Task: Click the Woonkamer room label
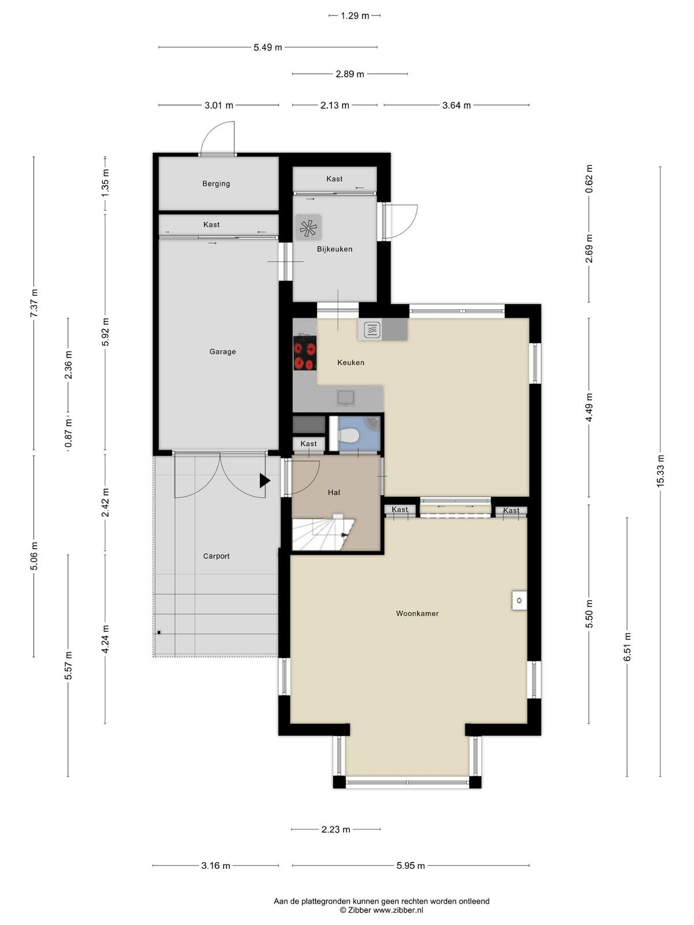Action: (x=417, y=613)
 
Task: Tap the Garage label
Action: (x=223, y=351)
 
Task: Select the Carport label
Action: (x=216, y=556)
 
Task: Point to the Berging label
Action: (x=216, y=184)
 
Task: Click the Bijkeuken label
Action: (x=335, y=249)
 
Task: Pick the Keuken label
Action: (x=350, y=362)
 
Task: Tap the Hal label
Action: (x=334, y=492)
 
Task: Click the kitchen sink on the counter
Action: (x=346, y=397)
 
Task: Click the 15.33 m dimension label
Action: (x=660, y=471)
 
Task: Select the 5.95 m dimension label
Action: (x=411, y=865)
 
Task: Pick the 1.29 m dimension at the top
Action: (x=355, y=16)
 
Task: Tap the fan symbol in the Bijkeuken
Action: (x=308, y=228)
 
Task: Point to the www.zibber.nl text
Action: (x=398, y=910)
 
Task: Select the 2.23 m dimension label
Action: (x=336, y=830)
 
